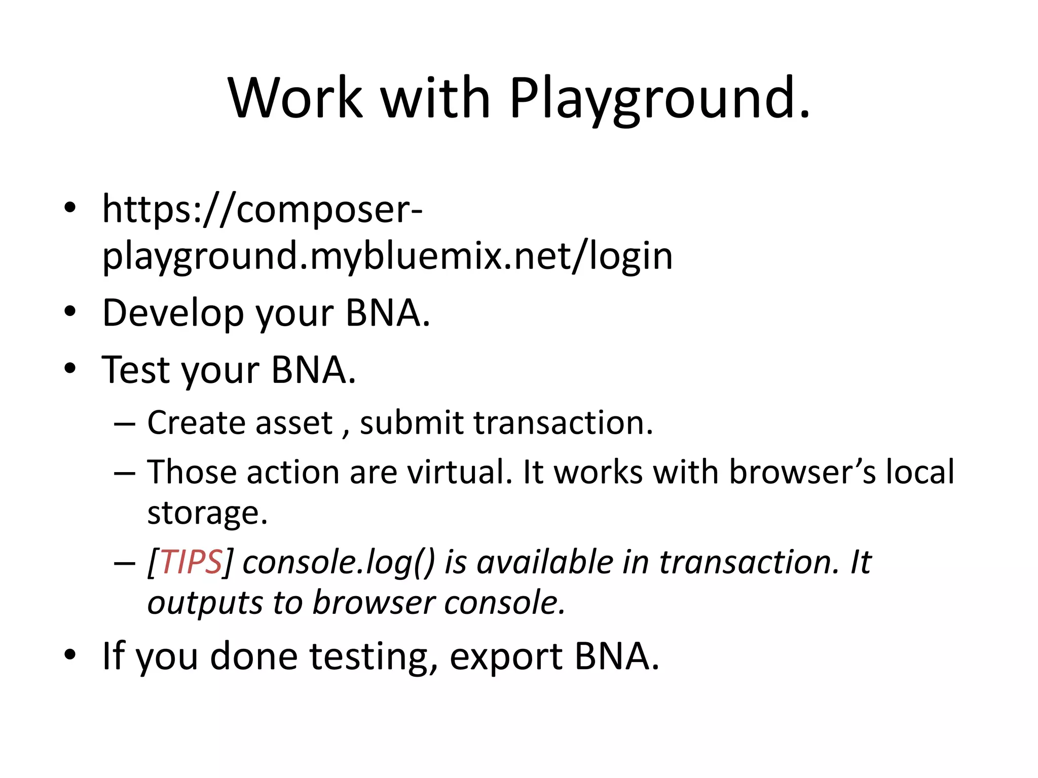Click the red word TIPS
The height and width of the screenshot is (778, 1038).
click(x=191, y=562)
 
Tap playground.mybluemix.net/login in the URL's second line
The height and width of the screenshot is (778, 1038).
click(x=387, y=256)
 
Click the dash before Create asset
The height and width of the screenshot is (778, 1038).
click(x=125, y=423)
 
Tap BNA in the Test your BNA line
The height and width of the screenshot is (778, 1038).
click(x=313, y=370)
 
